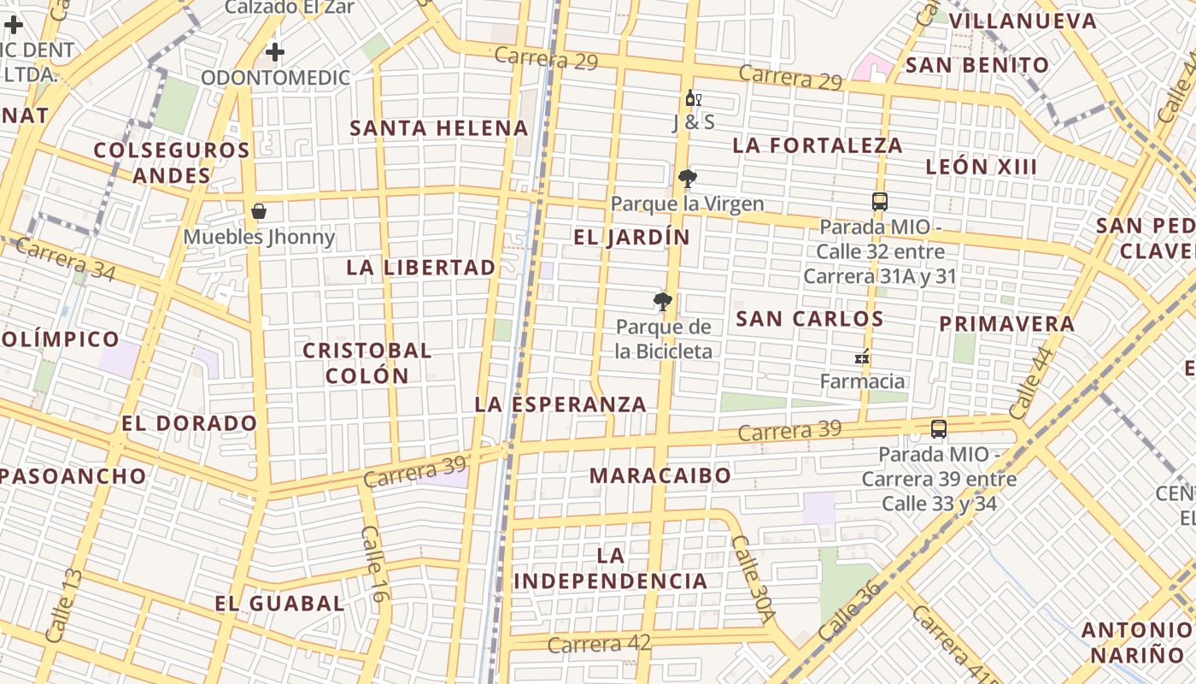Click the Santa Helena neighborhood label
[x=439, y=128]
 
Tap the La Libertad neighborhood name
[x=420, y=268]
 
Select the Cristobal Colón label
[x=367, y=363]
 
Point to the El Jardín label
[x=631, y=237]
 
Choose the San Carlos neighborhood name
[x=809, y=319]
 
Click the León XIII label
[x=982, y=167]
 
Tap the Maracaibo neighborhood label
[x=660, y=475]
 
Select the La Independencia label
[x=611, y=569]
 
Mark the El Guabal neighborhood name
[x=279, y=604]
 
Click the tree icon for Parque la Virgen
[x=687, y=179]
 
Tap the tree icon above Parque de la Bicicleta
[x=662, y=301]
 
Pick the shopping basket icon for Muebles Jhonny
[x=259, y=211]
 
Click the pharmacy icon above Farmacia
[x=862, y=357]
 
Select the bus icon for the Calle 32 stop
[x=880, y=202]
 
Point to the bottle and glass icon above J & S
[x=694, y=98]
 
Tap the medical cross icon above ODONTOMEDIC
[x=274, y=53]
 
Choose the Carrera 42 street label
[x=599, y=644]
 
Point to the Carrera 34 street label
[x=65, y=258]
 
